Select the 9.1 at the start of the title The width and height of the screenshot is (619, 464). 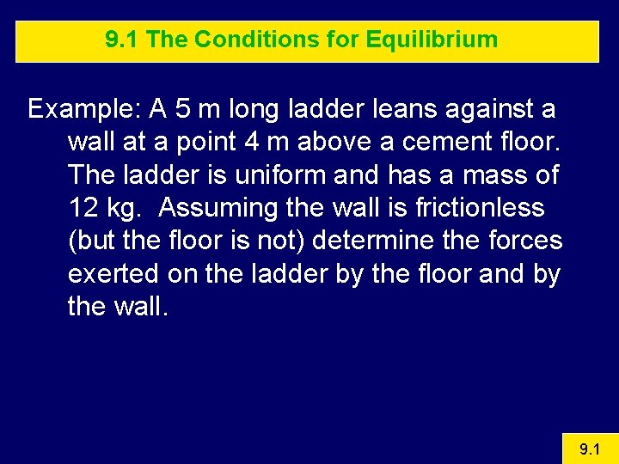coord(120,40)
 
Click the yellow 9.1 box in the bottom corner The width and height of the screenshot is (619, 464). coord(589,448)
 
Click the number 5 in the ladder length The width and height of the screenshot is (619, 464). coord(181,110)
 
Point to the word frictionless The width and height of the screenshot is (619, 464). coord(461,208)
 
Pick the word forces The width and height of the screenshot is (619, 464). coord(521,241)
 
